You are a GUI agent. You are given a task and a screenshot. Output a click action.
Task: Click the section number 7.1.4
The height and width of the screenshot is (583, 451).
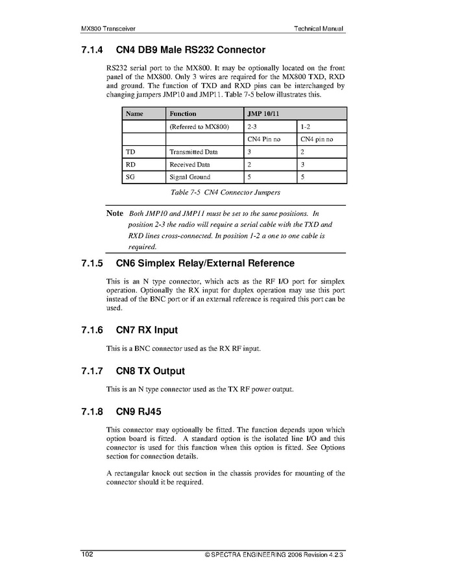pos(92,49)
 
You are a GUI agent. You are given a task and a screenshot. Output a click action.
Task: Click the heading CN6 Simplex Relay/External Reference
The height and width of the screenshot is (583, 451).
pos(205,263)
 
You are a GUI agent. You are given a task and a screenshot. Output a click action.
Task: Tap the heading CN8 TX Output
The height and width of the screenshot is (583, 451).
pos(150,371)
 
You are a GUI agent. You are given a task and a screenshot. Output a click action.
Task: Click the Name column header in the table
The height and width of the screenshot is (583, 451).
pos(134,113)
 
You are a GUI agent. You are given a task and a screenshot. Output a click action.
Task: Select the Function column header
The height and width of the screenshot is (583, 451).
pos(183,113)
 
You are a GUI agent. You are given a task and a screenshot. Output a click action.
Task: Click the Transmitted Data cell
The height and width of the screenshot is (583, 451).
pos(194,152)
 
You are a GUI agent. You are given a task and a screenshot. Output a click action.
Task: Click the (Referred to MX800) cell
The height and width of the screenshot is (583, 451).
pos(200,126)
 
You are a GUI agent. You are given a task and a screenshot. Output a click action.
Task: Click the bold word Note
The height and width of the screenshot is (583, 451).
pos(115,213)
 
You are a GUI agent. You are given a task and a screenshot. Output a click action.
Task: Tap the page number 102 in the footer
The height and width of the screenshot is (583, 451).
pos(88,554)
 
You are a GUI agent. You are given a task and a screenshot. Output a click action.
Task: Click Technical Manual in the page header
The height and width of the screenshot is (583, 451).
pos(318,29)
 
